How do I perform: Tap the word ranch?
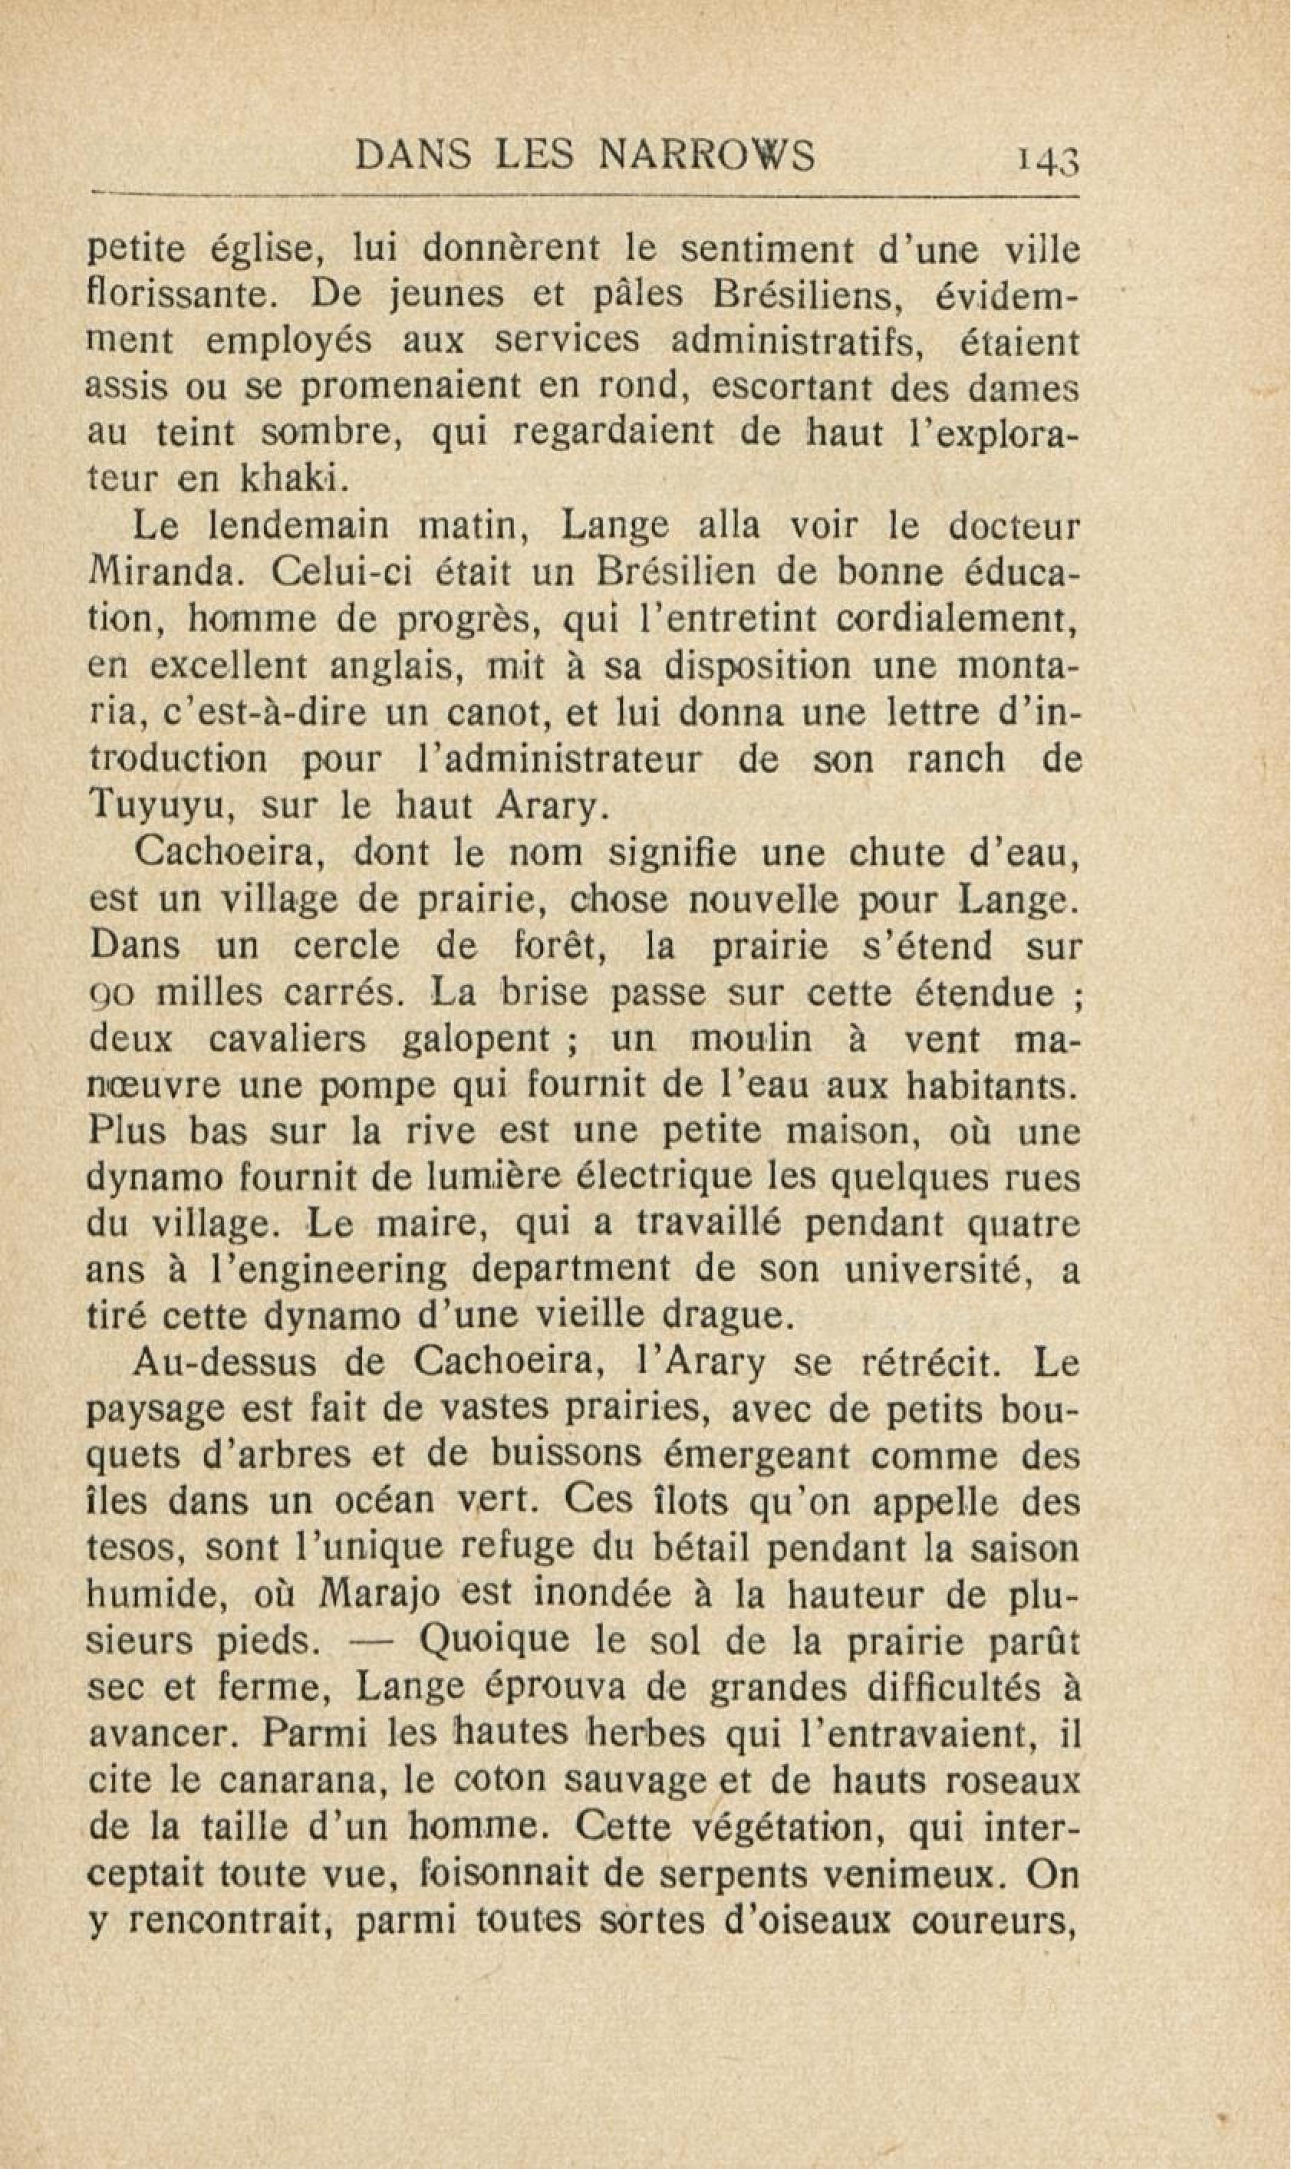pos(955,760)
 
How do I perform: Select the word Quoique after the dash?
pos(494,1643)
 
